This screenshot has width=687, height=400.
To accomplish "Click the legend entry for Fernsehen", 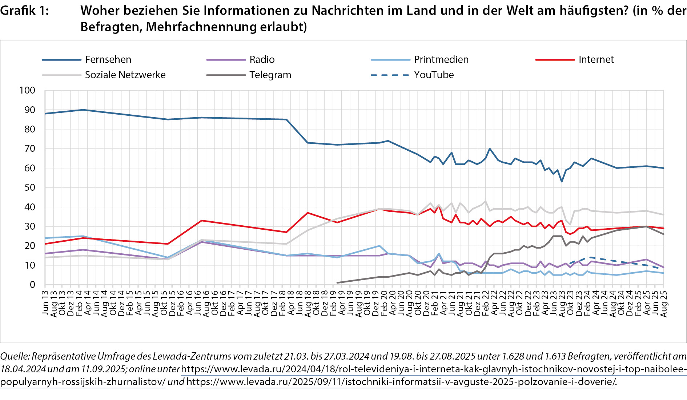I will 108,60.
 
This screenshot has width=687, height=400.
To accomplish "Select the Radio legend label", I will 262,60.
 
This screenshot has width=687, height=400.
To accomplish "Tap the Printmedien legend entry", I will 441,60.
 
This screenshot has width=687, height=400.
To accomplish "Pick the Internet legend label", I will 596,60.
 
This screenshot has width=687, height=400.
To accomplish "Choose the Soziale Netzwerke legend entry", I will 125,75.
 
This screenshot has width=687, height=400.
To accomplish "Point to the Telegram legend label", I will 270,75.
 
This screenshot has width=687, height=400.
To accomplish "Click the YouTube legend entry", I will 434,75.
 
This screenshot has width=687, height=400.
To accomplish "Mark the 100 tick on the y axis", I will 27,91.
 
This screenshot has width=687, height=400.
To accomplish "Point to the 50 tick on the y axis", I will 30,187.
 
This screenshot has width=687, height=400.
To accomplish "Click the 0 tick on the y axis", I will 32,285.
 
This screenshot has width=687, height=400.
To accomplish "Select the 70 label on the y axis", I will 30,148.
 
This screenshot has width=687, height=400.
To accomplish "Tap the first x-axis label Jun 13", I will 45,303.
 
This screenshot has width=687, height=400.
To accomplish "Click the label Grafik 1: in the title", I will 24,11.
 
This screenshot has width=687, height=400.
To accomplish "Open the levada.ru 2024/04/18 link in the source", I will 433,369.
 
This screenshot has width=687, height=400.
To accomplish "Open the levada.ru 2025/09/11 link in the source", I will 401,382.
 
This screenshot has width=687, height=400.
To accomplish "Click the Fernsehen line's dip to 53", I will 562,181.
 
